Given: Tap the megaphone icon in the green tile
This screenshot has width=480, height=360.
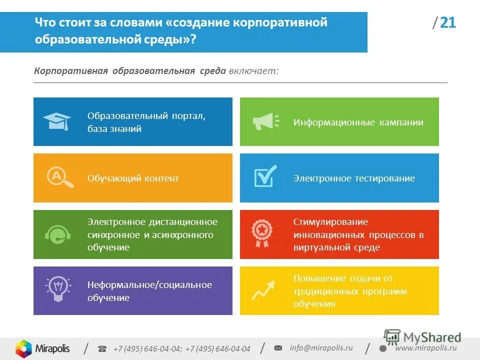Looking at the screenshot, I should coord(263,121).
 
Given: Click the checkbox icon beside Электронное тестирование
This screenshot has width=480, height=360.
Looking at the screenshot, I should coord(264,176).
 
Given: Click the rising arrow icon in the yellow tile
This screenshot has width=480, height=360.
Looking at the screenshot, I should coord(263,290).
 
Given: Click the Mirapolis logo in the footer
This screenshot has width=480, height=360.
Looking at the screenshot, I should coord(42,348).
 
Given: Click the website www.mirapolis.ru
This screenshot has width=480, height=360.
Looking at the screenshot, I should coord(425,348).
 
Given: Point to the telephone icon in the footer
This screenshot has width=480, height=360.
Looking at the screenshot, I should coord(102,348).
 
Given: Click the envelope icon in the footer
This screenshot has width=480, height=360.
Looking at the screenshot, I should coord(278,348).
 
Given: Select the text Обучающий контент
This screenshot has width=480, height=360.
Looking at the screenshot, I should coord(133,178).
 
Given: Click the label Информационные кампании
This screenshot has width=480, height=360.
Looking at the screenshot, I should coord(358,122).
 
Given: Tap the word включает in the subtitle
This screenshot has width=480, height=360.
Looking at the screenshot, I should coord(253,70).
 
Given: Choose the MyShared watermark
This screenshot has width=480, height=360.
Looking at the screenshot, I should coord(422,336).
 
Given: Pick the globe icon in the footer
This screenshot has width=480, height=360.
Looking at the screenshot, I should coord(383,348).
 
